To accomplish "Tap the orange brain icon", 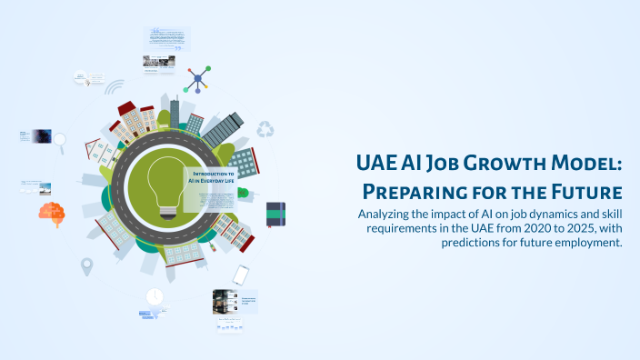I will tap(51, 215).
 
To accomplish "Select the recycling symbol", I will tap(265, 130).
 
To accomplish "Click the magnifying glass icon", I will tap(60, 140).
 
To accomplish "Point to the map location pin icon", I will tap(87, 266).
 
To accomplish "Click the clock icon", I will tap(155, 296).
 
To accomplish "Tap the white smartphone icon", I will tap(241, 275).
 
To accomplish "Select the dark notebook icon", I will tap(276, 214).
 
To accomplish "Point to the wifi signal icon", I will tap(115, 88).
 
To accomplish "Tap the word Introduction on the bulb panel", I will tap(210, 173).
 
